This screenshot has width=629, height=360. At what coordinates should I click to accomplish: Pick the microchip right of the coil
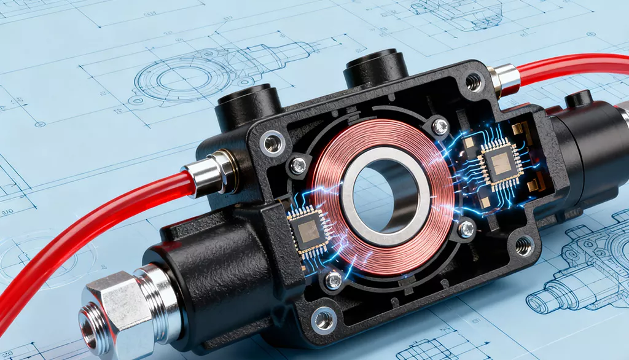tap(500, 162)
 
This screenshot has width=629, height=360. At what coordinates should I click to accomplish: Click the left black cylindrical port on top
tap(249, 104)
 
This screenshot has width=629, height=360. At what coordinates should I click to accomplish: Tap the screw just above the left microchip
tap(298, 165)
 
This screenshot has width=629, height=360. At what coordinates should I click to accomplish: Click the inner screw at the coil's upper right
tap(440, 127)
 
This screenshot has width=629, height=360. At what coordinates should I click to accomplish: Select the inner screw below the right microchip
tap(467, 229)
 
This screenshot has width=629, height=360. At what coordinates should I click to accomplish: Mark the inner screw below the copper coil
tap(334, 280)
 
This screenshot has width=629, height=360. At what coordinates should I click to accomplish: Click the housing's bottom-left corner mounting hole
tap(324, 319)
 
